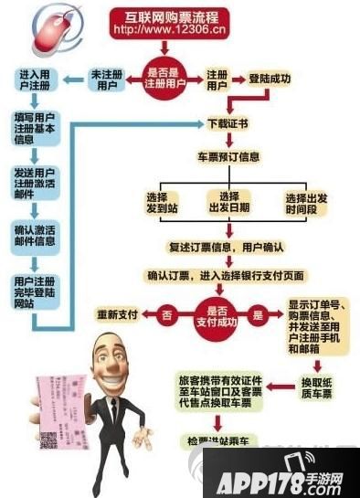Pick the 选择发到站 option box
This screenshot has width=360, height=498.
pos(155,204)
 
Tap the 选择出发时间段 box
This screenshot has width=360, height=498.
pos(305,204)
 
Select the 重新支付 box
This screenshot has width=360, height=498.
pos(118,315)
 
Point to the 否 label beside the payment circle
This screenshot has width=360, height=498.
pos(166,314)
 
